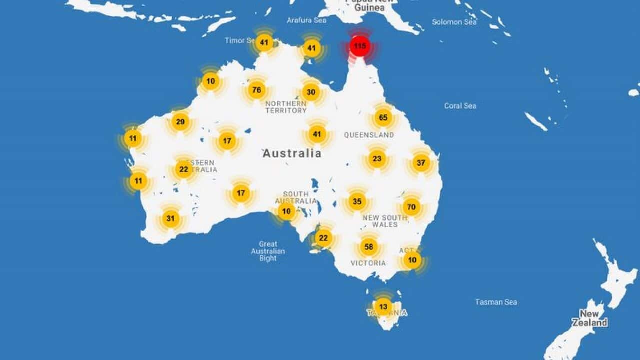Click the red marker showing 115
pos(360,47)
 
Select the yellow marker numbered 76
pos(257,90)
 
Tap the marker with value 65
pos(383,118)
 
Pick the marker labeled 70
pos(411,207)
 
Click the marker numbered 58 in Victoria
pos(369,247)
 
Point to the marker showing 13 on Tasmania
pos(383,306)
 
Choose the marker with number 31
pos(171,218)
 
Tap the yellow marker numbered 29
pos(180,122)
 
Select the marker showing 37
pos(421,163)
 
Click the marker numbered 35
pos(357,202)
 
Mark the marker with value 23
pos(377,159)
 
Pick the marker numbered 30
pos(311,92)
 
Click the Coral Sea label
pos(460,106)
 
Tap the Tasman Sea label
pos(496,302)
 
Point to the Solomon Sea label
pos(454,22)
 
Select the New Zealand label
pos(589,318)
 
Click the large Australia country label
pos(292,153)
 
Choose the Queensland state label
pos(369,135)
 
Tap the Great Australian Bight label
pos(268,251)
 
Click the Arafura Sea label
pos(306,20)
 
